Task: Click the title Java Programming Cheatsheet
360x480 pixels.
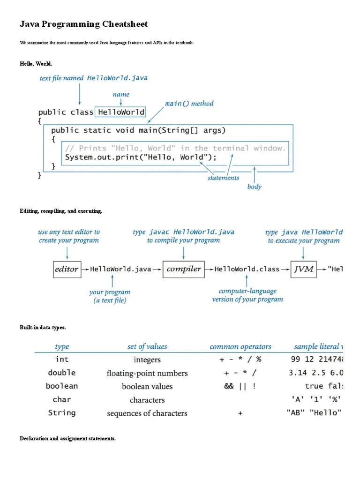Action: (x=83, y=24)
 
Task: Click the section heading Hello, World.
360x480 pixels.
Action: (x=32, y=63)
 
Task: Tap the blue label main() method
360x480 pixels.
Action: (x=189, y=104)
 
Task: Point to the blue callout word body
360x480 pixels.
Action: (x=254, y=187)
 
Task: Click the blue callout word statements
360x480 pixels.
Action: (x=223, y=178)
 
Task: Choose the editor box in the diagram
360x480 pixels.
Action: (x=67, y=270)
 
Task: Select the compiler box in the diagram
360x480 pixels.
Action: (x=183, y=270)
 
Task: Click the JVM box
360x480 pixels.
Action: (x=303, y=270)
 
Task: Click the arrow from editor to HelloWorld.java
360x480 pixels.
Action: (x=85, y=270)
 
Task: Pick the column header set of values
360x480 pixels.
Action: (x=147, y=347)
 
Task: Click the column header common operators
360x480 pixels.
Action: (x=240, y=347)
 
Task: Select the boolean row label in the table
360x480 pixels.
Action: (x=62, y=386)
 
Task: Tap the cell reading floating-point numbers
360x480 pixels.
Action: (x=147, y=374)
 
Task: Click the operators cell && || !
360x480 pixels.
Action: (x=240, y=386)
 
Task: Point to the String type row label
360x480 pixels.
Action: (x=62, y=413)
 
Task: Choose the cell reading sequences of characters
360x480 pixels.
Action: (x=147, y=413)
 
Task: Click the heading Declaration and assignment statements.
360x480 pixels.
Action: (x=67, y=439)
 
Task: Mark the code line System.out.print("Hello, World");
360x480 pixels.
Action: (x=141, y=157)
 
